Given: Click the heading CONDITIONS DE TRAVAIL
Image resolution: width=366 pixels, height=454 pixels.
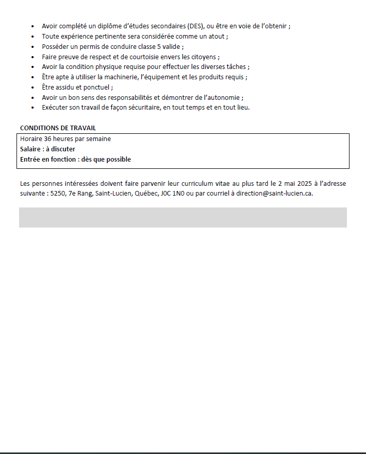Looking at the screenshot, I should coord(58,128).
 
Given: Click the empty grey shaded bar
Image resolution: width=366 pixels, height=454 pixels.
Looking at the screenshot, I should coord(183,217).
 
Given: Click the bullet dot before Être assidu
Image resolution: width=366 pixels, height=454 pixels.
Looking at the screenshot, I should coord(33,88).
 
